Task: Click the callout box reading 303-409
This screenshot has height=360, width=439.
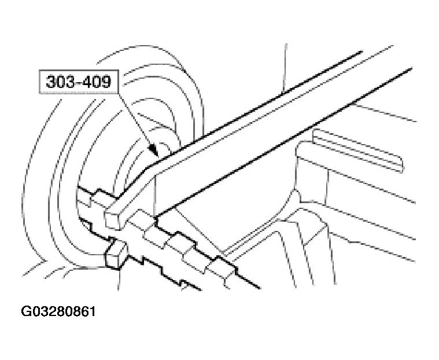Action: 79,82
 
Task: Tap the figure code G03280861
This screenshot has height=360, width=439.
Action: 58,311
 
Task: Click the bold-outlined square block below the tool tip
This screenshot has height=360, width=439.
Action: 115,255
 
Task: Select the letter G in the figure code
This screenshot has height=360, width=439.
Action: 25,311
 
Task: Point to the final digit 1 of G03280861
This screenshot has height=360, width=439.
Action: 92,311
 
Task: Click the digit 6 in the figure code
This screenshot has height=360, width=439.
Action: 84,311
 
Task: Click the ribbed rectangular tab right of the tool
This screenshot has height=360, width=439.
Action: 359,150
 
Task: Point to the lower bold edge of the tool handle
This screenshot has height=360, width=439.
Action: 283,142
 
